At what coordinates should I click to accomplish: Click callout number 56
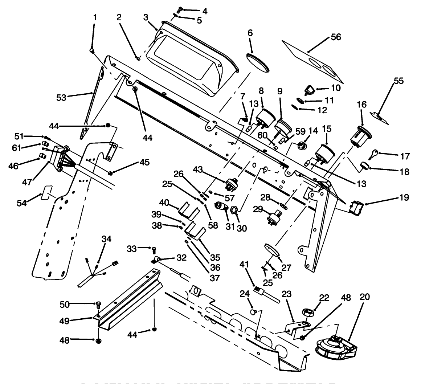[x=336, y=37]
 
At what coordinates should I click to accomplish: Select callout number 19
[x=404, y=197]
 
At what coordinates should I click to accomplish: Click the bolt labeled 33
[x=154, y=250]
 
